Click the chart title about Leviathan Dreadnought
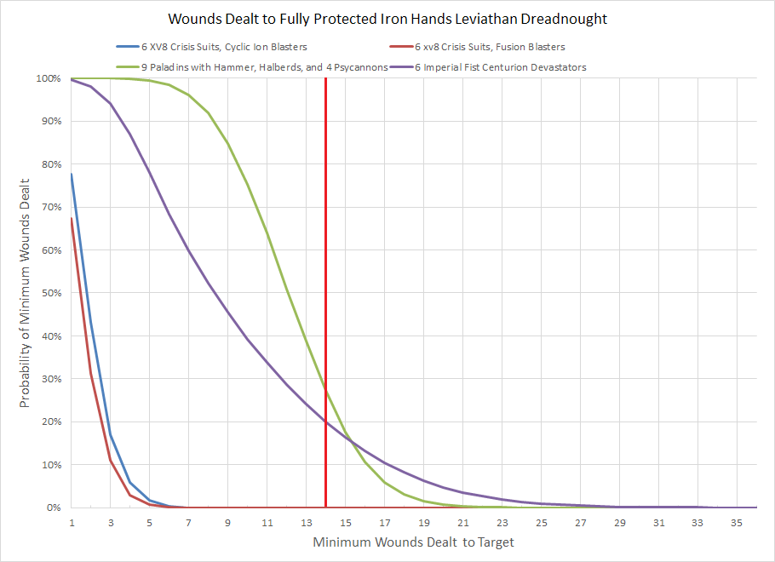[387, 19]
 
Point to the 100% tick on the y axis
[47, 79]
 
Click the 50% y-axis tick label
[49, 294]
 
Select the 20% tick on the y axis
[49, 422]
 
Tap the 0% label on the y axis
[52, 508]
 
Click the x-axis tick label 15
[345, 522]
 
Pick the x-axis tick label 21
[462, 522]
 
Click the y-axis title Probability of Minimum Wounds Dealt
[26, 293]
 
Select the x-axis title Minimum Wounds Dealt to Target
[413, 542]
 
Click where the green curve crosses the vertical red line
[325, 387]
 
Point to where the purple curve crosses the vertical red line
[325, 422]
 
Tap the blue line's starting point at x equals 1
[72, 174]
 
